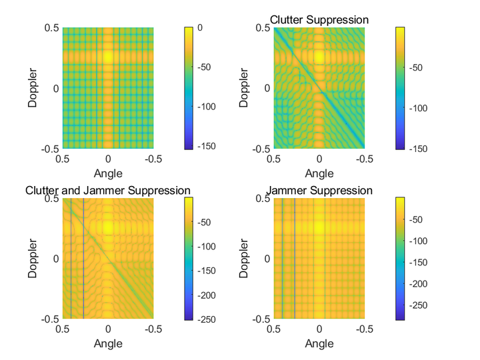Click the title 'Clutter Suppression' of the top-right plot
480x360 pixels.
click(319, 20)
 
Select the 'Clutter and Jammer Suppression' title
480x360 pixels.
click(108, 191)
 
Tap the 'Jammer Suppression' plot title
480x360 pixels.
click(319, 191)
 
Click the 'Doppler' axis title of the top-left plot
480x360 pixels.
click(33, 87)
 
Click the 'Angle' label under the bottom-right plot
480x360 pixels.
click(319, 344)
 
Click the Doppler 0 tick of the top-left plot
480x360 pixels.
click(57, 87)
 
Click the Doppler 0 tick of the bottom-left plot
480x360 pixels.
click(57, 259)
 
